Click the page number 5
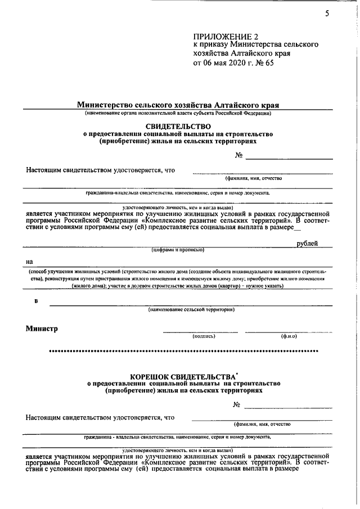point(327,14)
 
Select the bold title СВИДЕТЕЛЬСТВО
point(178,127)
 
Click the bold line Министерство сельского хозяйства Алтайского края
point(178,105)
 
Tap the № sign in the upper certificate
point(238,155)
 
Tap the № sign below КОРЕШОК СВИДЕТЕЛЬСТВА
point(237,405)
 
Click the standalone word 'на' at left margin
point(29,262)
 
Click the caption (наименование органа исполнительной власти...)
point(178,113)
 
